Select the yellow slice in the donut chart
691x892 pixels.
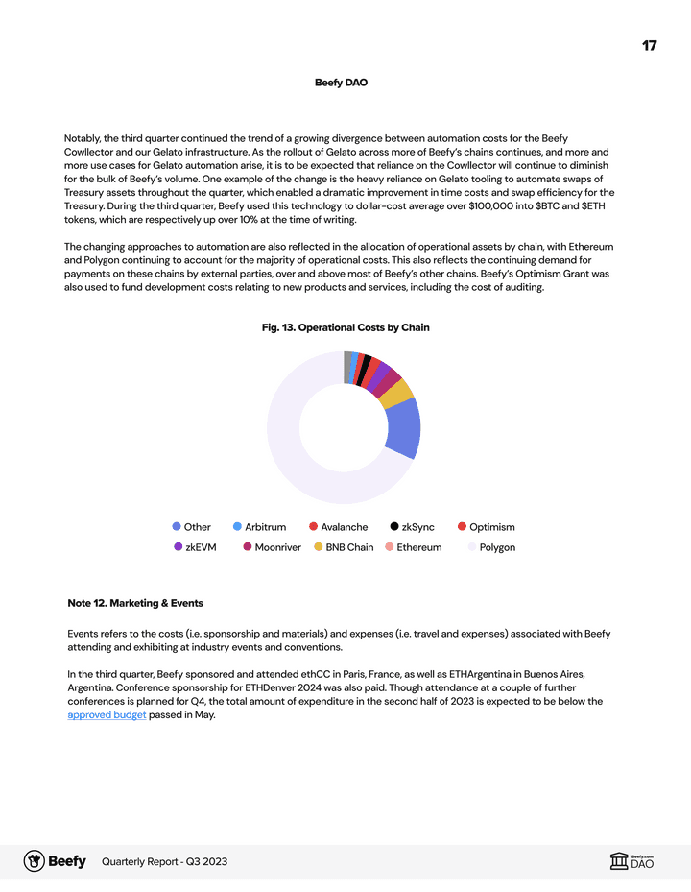[x=397, y=393]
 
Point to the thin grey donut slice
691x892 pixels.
[x=347, y=367]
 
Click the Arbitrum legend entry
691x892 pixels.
[x=259, y=527]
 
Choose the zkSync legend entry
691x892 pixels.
[x=412, y=527]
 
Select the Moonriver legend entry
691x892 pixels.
[x=272, y=547]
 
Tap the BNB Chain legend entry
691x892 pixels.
[x=344, y=547]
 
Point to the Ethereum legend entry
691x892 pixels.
[x=413, y=547]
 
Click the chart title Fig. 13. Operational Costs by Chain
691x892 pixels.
[x=345, y=327]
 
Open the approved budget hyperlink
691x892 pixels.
[x=107, y=714]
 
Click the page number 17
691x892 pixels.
[x=649, y=46]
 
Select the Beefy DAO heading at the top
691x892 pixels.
[x=341, y=83]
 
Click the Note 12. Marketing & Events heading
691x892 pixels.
[x=135, y=603]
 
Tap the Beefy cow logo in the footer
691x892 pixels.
[x=35, y=861]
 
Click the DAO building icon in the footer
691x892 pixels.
[x=619, y=861]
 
